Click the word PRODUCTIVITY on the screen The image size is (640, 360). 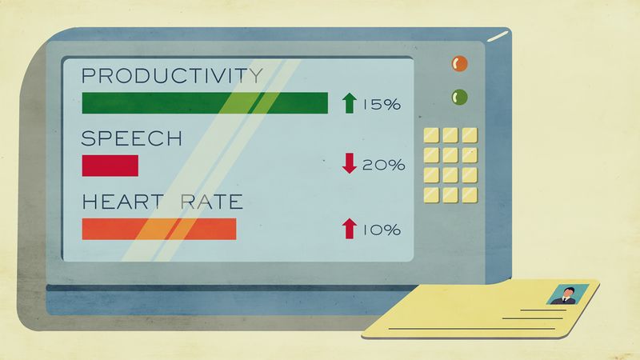click(x=172, y=75)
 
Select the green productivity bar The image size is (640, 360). click(x=205, y=103)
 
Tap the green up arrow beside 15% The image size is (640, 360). click(x=349, y=103)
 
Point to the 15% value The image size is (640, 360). click(x=382, y=105)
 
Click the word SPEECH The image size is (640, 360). click(x=131, y=138)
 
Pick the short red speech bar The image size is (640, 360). click(x=110, y=166)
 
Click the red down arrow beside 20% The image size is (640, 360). click(x=350, y=163)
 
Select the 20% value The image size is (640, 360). click(x=384, y=165)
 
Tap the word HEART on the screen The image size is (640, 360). click(x=122, y=202)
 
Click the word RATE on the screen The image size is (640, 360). click(x=211, y=202)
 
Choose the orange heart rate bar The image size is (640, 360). click(x=159, y=229)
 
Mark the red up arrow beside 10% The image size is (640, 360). click(x=349, y=229)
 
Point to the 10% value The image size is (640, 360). click(x=382, y=230)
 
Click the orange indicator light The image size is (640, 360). click(x=459, y=64)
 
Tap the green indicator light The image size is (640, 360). click(x=459, y=97)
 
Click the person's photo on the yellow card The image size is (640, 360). click(x=567, y=294)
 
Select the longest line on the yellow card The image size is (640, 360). click(x=472, y=329)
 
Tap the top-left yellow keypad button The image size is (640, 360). click(x=431, y=135)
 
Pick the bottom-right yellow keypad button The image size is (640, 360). click(x=470, y=195)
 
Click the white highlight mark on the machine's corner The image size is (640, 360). click(x=498, y=36)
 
